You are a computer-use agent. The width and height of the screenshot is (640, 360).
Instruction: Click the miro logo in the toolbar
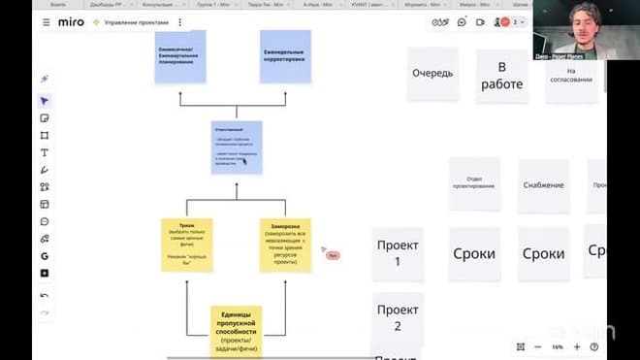click(70, 21)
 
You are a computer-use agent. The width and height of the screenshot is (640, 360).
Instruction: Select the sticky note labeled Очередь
click(432, 74)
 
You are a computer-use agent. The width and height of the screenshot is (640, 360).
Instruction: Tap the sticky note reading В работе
click(501, 76)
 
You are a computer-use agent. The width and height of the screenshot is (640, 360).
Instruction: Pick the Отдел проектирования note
click(474, 183)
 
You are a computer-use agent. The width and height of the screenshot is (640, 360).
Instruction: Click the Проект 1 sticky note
click(398, 253)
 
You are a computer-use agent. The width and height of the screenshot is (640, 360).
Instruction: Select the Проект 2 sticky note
click(398, 317)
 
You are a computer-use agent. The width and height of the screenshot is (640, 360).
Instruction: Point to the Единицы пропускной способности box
click(236, 327)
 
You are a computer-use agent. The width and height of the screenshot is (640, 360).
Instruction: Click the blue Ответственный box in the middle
click(237, 147)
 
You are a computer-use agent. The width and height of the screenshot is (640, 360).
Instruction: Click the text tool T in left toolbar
click(45, 152)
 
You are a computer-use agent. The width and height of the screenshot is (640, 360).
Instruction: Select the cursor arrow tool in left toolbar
click(45, 101)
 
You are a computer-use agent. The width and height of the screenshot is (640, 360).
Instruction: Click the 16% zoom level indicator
click(558, 346)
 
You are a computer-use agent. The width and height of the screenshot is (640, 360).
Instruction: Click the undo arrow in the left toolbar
click(45, 295)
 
